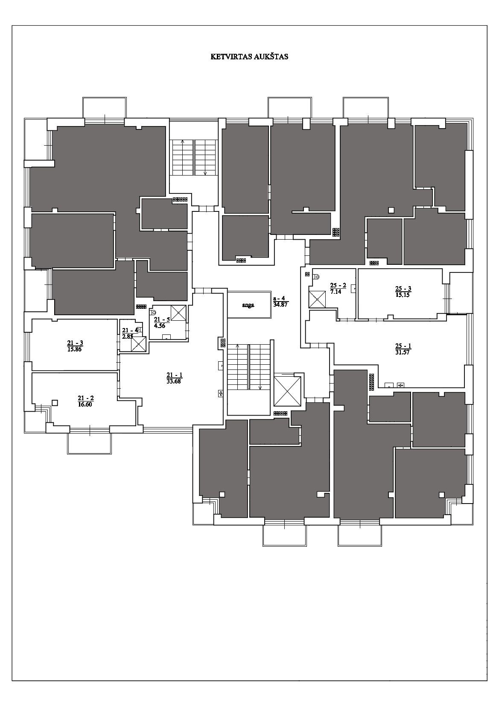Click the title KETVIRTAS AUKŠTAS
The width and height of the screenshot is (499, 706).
tap(249, 57)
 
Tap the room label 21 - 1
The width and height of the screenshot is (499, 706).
tap(175, 375)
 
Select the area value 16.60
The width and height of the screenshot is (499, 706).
tap(85, 405)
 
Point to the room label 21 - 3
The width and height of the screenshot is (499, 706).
tap(75, 343)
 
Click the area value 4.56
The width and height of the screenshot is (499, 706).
tap(159, 326)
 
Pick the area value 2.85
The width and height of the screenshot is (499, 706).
tap(128, 336)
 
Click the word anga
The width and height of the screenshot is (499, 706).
tap(248, 305)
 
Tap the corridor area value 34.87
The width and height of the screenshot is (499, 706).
tap(280, 305)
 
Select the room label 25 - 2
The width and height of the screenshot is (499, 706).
tap(338, 286)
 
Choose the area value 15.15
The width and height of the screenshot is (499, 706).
tap(403, 295)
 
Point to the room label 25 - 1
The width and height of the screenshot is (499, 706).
tap(403, 346)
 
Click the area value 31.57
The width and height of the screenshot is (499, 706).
tap(403, 352)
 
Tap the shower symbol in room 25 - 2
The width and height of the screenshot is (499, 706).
tap(317, 299)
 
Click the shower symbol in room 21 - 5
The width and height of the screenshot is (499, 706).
tap(178, 313)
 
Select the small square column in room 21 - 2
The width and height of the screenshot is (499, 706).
tap(55, 402)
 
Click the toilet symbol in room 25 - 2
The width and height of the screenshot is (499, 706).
tap(316, 276)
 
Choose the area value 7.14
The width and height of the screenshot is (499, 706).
tap(336, 292)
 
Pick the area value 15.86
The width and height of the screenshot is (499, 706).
tap(75, 349)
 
